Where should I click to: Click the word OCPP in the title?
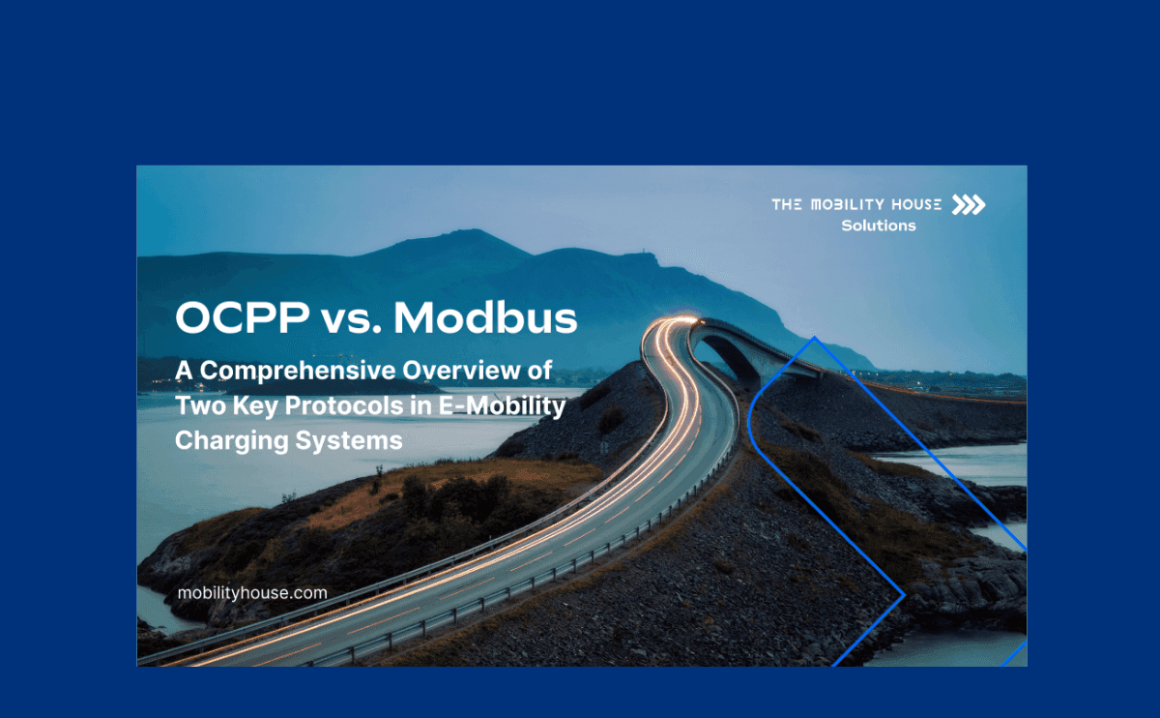coord(243,317)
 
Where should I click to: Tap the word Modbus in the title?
coord(485,317)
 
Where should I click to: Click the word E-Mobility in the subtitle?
coord(503,406)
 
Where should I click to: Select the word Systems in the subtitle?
coord(349,441)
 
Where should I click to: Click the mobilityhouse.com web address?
coord(252,593)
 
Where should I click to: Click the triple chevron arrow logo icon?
coord(969,205)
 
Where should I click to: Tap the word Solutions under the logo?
coord(879,226)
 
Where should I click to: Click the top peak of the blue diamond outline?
coord(815,337)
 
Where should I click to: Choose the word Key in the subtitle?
coord(255,406)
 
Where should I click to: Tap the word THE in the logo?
coord(787,205)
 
